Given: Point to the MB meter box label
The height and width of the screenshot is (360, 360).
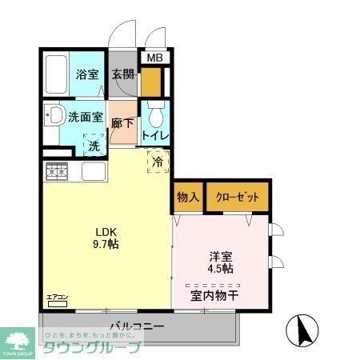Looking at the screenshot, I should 154,58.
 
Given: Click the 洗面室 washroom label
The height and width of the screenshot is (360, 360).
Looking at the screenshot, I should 86,116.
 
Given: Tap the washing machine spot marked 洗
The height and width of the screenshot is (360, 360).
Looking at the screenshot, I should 94,146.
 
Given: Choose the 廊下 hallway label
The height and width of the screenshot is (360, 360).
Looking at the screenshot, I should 123,125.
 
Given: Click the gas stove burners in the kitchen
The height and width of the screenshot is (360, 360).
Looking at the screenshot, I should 57,170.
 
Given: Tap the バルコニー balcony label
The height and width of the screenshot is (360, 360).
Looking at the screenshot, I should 137,326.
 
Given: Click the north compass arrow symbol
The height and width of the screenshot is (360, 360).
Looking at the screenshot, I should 303,330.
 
